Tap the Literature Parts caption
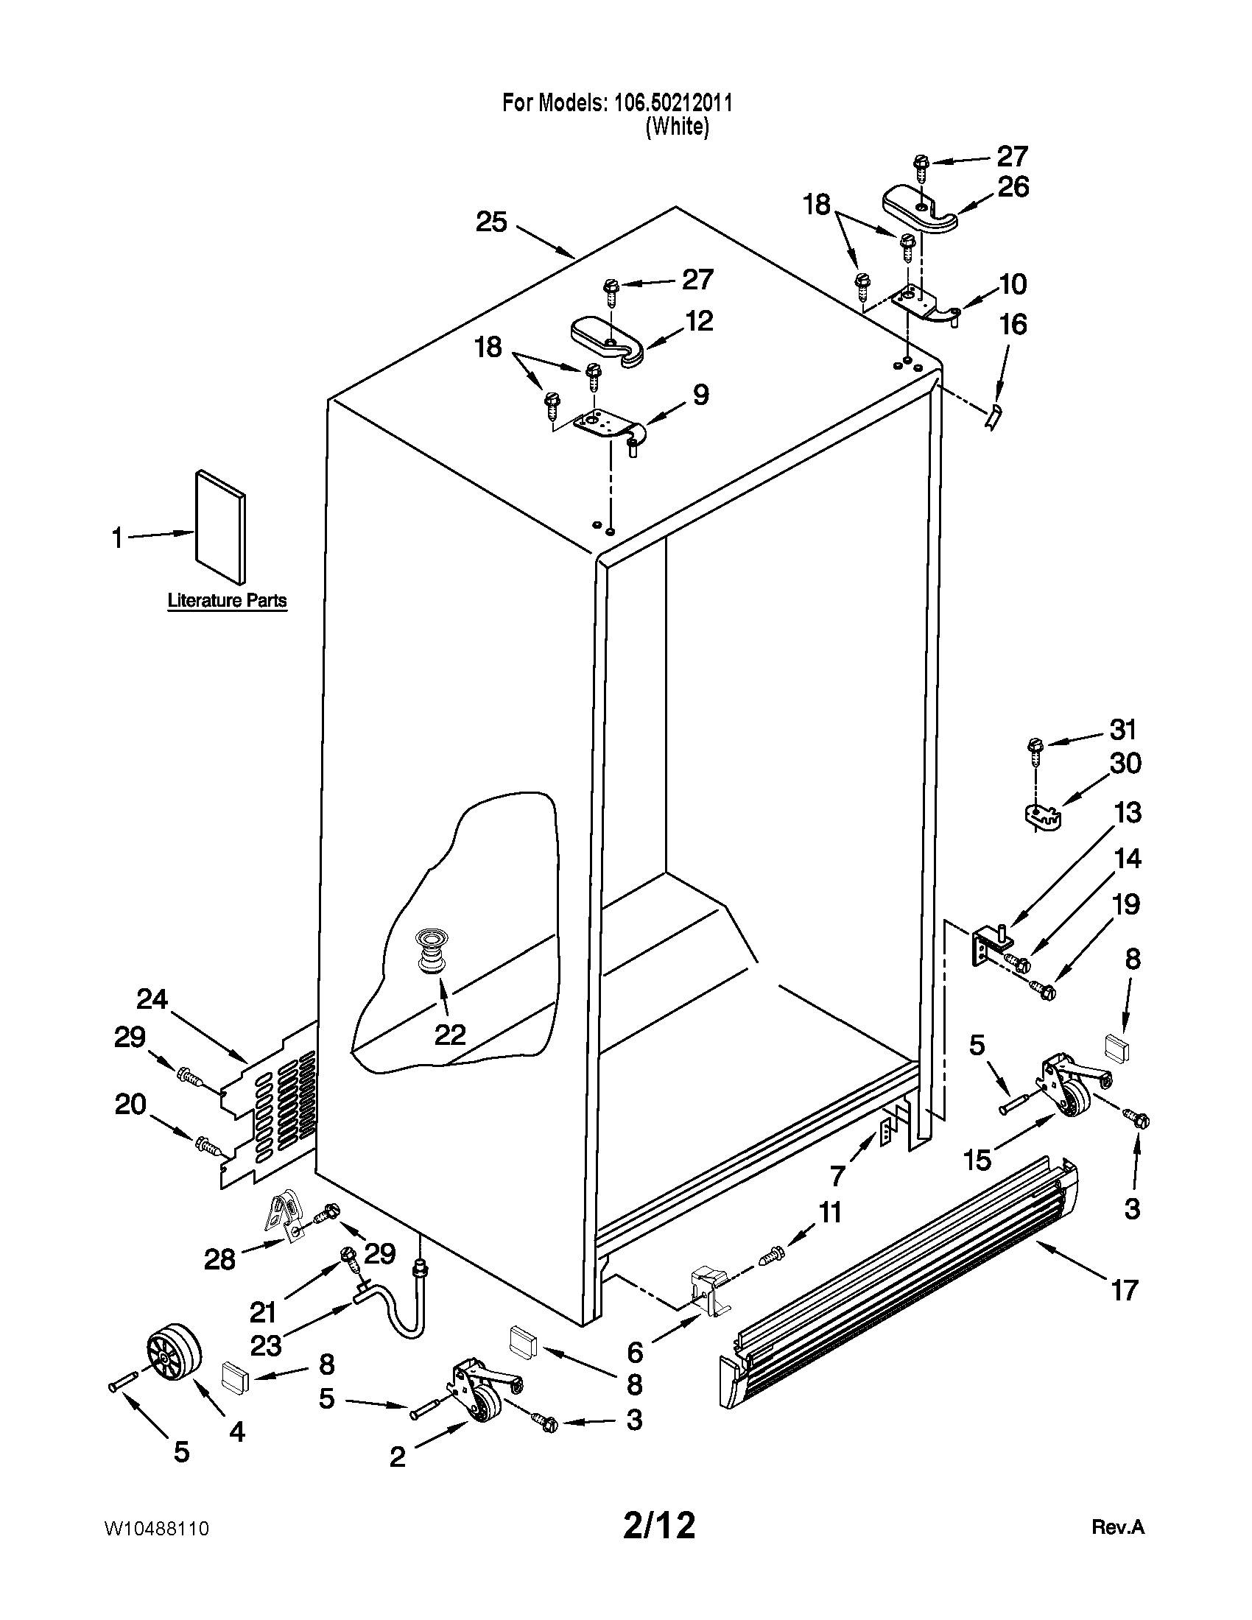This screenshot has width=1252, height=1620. pyautogui.click(x=227, y=600)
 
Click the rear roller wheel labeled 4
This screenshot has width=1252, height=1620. pyautogui.click(x=175, y=1353)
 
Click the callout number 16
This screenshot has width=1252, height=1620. pyautogui.click(x=1013, y=324)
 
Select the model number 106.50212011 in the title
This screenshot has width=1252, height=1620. pyautogui.click(x=672, y=103)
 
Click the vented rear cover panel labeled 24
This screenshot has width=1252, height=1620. pyautogui.click(x=271, y=1105)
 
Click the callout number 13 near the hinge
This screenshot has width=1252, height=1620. pyautogui.click(x=1127, y=813)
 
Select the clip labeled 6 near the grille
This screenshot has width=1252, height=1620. pyautogui.click(x=708, y=1291)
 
